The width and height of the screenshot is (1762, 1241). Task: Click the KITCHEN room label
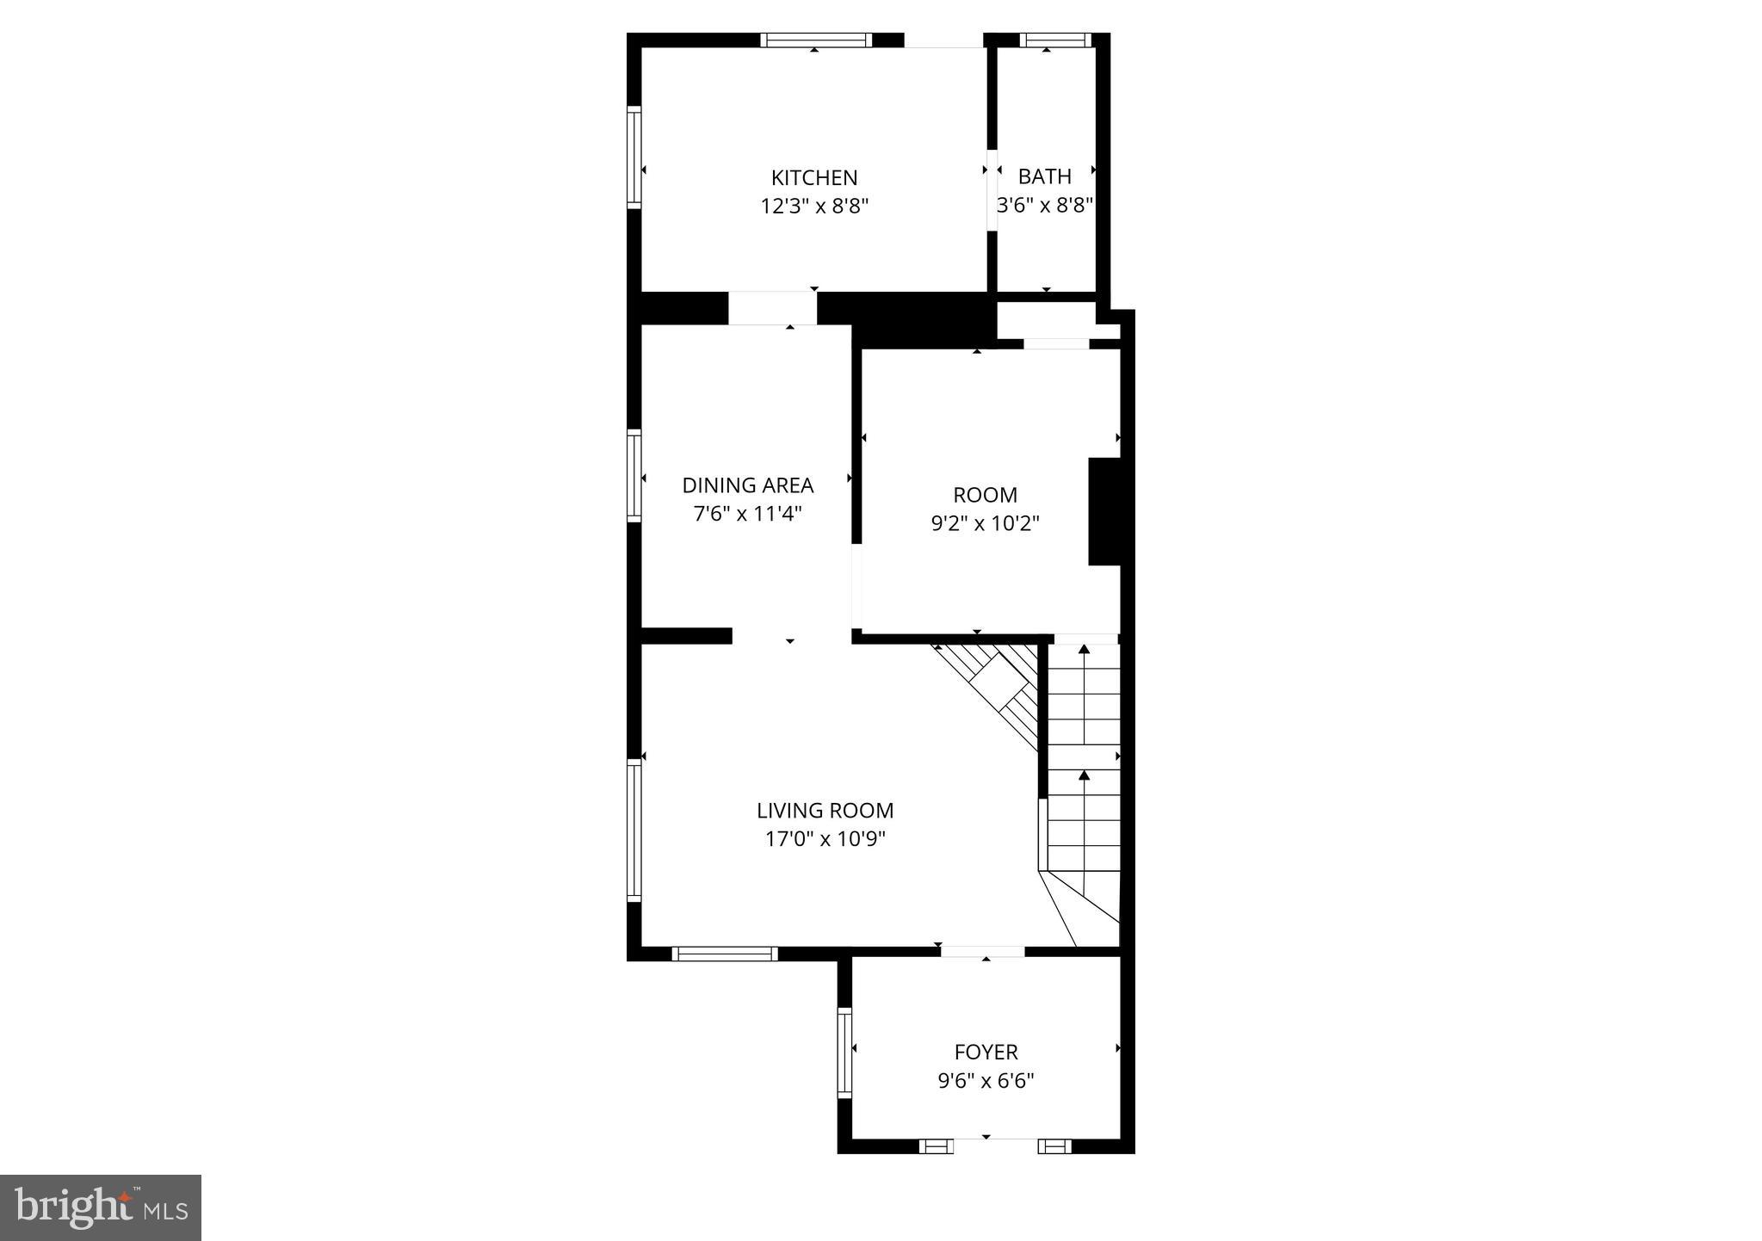(x=813, y=178)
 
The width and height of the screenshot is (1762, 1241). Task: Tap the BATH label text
(x=1044, y=176)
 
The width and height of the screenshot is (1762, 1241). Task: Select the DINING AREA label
(x=747, y=485)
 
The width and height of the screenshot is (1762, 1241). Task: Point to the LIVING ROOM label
(x=825, y=811)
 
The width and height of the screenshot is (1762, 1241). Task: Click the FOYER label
(x=986, y=1052)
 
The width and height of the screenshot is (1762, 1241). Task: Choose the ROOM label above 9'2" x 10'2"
(x=985, y=495)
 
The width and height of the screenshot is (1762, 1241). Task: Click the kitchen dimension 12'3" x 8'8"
(x=813, y=207)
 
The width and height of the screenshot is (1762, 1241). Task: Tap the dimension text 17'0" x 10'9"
(x=825, y=839)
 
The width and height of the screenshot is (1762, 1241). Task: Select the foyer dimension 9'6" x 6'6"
(x=986, y=1081)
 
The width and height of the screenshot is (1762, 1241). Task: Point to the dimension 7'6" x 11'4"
(x=747, y=515)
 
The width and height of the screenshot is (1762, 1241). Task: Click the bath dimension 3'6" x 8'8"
(x=1044, y=206)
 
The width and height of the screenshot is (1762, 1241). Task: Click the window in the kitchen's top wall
(x=815, y=40)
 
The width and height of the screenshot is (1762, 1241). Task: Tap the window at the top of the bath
(x=1054, y=40)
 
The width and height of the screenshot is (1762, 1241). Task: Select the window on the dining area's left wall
(x=634, y=475)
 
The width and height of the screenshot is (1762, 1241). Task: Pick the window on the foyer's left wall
(x=844, y=1052)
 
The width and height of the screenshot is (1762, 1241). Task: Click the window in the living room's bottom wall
(x=724, y=954)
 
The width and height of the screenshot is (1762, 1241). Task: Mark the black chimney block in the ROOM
(x=1104, y=511)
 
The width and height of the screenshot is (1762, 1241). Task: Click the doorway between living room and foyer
(x=982, y=951)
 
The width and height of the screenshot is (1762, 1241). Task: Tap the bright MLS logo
(x=101, y=1207)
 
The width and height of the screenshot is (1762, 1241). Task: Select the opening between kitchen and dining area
(x=772, y=308)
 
